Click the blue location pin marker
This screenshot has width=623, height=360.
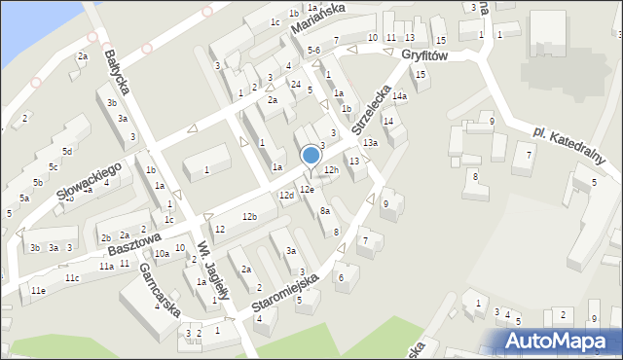tap(311, 156)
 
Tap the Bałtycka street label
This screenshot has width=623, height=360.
tap(115, 72)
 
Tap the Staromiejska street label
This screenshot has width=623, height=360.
tap(284, 293)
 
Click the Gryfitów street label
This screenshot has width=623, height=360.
tap(423, 56)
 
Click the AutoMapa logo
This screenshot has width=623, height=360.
tap(559, 342)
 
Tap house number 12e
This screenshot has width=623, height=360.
tap(307, 189)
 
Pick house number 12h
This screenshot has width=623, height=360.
tap(331, 170)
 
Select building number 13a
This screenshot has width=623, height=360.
tap(370, 143)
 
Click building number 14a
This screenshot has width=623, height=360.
tap(399, 96)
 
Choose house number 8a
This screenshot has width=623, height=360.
tap(326, 210)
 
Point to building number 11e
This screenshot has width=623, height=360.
tap(37, 290)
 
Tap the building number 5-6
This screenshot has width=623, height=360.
tap(313, 50)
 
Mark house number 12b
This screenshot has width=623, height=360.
tap(249, 216)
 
